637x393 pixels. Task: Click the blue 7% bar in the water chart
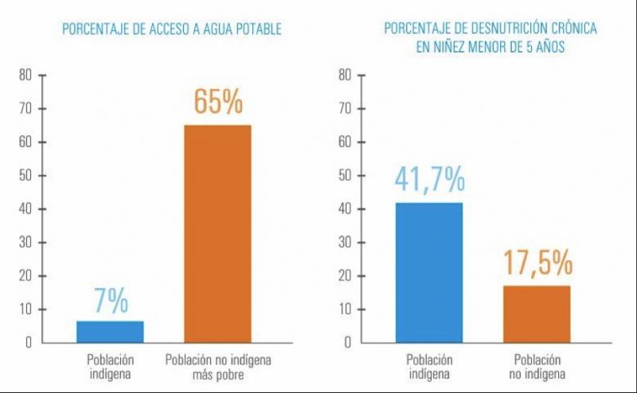(x=111, y=332)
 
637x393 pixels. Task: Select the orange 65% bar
(x=217, y=234)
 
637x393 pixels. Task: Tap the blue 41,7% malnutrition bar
(x=429, y=273)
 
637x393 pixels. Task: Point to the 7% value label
(x=111, y=302)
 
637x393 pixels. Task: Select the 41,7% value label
(x=429, y=181)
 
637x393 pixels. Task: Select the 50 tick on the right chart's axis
(x=345, y=176)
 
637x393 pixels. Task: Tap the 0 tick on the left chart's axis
(x=28, y=343)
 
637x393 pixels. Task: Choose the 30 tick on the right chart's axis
(x=345, y=243)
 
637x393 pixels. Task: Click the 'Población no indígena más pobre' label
(x=217, y=367)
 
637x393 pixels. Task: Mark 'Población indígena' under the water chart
(x=111, y=367)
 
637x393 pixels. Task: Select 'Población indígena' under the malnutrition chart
(x=429, y=367)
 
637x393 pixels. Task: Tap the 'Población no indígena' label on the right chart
(x=536, y=367)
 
